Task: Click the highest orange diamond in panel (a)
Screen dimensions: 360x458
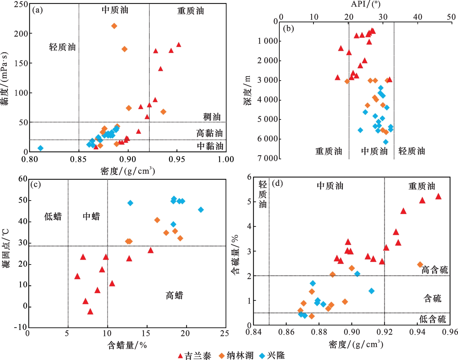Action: [x=114, y=26]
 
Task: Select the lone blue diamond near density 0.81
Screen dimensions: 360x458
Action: [x=41, y=148]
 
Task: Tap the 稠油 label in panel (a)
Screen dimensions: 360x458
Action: [x=212, y=117]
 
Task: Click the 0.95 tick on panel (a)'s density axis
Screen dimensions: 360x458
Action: [x=177, y=159]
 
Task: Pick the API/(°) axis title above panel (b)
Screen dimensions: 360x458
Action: [x=365, y=4]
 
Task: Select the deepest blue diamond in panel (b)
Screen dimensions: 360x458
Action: [x=386, y=142]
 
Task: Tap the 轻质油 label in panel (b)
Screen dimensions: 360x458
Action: [x=411, y=151]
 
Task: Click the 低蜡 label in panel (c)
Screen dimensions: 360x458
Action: [x=53, y=216]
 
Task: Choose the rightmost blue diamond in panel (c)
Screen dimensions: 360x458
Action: [x=201, y=210]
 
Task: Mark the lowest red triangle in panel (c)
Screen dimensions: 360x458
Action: [x=90, y=312]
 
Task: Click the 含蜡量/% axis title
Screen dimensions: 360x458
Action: [x=127, y=346]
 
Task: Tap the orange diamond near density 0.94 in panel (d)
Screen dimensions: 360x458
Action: [x=420, y=264]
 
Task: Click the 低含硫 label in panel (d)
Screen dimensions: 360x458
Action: [x=432, y=319]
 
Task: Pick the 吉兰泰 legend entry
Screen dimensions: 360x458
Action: [x=195, y=356]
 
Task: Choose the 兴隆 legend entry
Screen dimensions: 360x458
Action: [x=272, y=356]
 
